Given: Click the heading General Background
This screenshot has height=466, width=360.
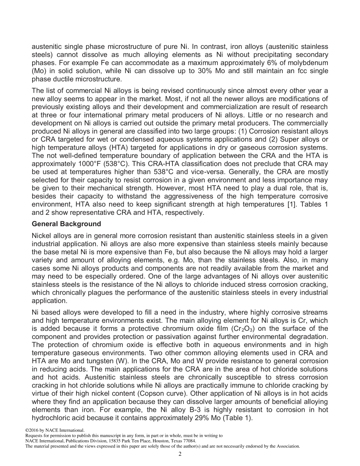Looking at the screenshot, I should (66, 224).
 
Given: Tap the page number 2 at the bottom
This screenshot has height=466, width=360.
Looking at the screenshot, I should (180, 454).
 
